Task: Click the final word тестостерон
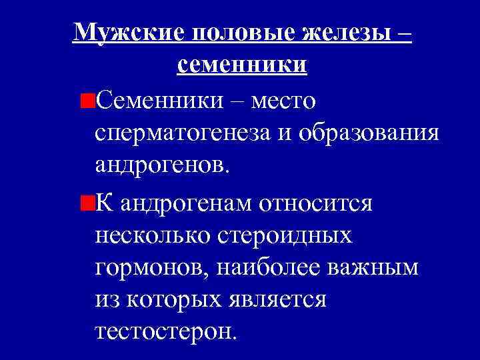tap(165, 331)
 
